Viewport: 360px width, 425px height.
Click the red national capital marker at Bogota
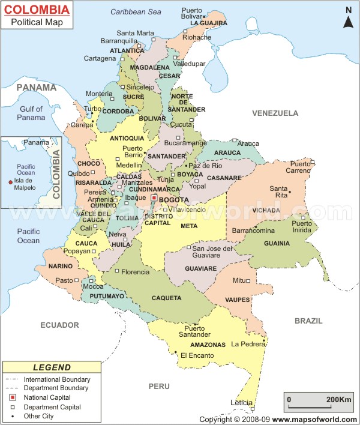[154, 197]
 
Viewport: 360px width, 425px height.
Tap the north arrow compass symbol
[347, 19]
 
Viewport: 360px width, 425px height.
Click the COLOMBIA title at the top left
[37, 9]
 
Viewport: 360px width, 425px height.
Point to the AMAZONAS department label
[208, 345]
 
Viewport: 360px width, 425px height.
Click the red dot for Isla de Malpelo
[10, 182]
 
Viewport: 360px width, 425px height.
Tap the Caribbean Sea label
[136, 12]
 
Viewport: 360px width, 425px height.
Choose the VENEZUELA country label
[275, 113]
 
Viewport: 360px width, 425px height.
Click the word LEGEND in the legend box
[52, 367]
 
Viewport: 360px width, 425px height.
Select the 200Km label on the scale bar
[338, 399]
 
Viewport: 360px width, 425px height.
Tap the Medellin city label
[129, 165]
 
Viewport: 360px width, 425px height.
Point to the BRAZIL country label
[308, 321]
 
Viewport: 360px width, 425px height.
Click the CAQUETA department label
[166, 298]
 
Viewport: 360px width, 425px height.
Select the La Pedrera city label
[248, 344]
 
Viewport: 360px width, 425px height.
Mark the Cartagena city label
[100, 58]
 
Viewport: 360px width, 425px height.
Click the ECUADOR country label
[59, 325]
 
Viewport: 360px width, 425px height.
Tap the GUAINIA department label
[276, 243]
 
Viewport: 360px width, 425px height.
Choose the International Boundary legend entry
[57, 379]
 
